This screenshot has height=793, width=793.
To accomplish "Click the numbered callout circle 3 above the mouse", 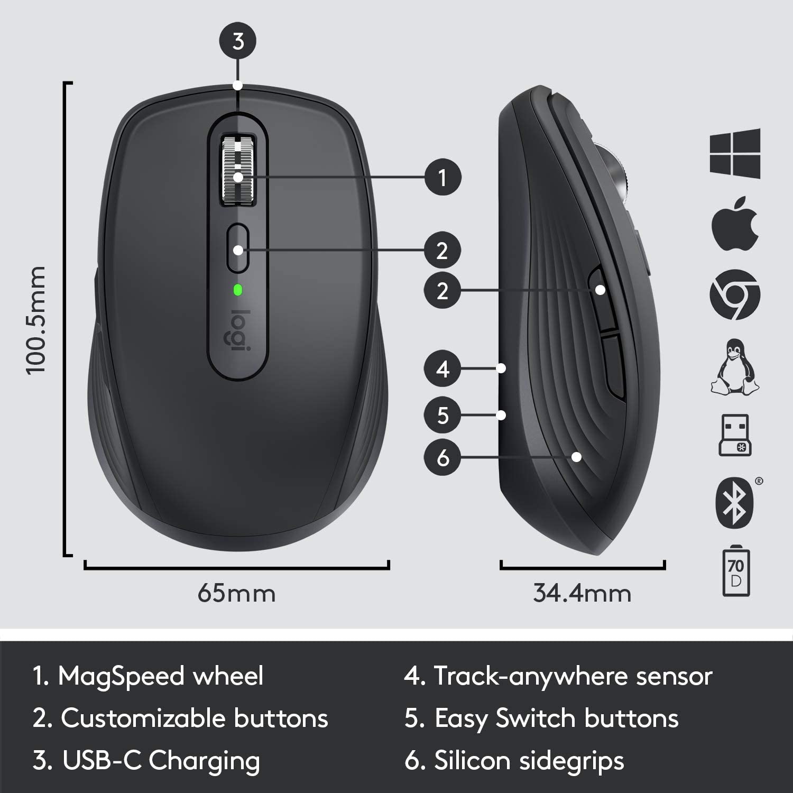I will pos(238,41).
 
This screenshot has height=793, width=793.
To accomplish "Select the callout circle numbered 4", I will pos(442,368).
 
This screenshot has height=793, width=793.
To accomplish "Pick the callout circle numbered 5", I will pos(442,415).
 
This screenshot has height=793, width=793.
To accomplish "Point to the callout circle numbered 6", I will pos(442,457).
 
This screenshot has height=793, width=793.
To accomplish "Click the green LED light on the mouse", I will pos(238,289).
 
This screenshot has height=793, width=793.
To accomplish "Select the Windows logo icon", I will pos(735,153).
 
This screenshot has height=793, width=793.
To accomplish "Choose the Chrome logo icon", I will pos(735,294).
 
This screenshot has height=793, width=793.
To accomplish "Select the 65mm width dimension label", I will pos(236,593).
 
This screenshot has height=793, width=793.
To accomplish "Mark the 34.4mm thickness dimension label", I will pos(582,593).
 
